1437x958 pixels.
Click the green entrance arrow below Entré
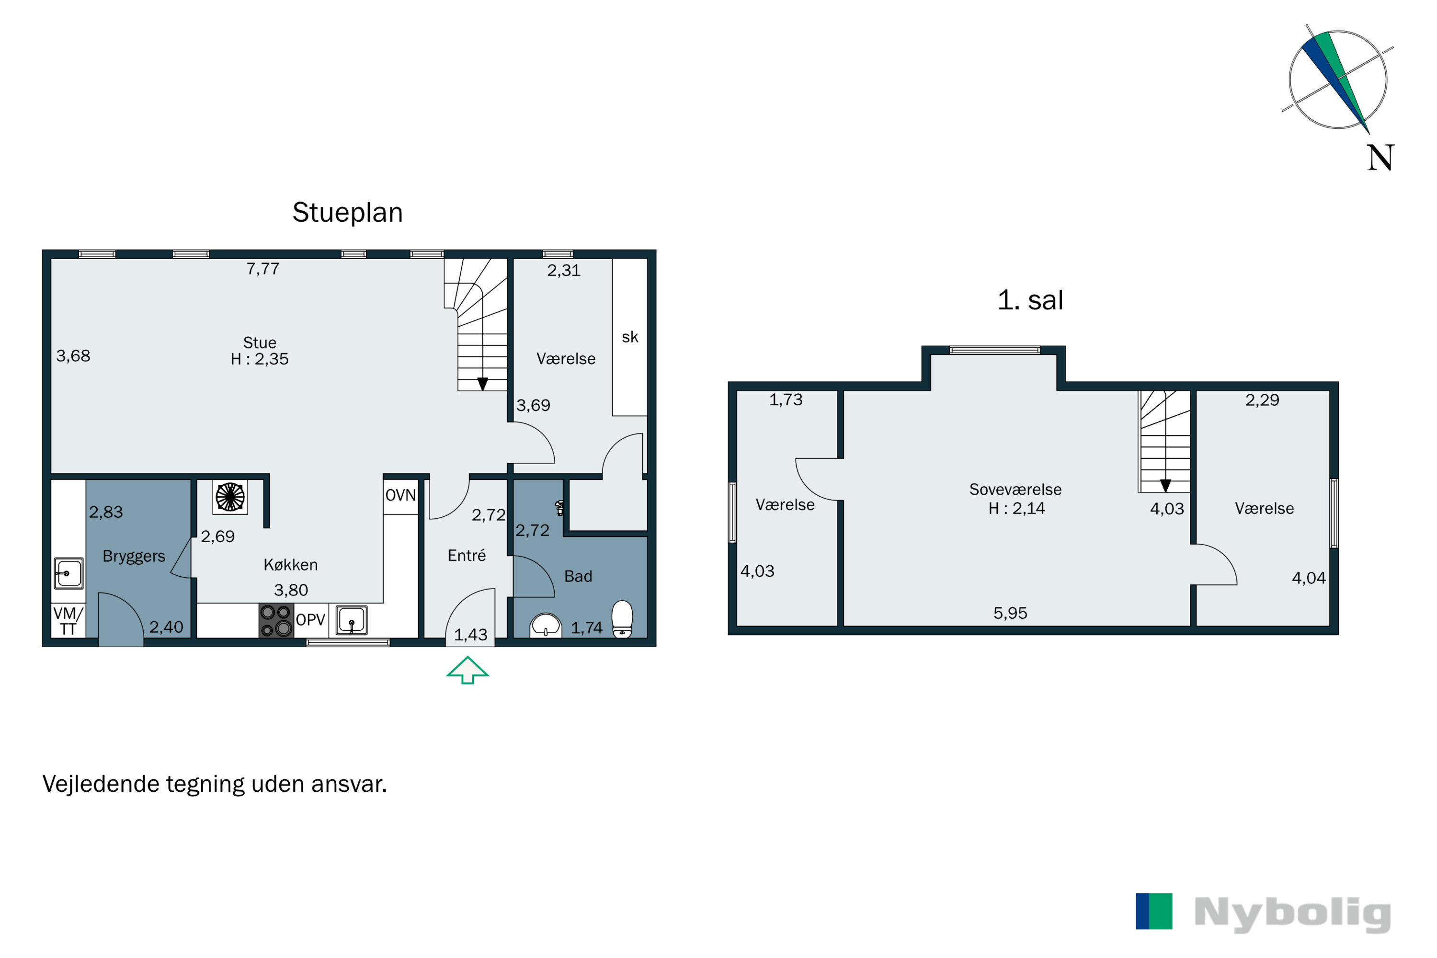click(x=468, y=670)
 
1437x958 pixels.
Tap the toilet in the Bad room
click(x=622, y=619)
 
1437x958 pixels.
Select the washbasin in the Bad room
click(x=546, y=625)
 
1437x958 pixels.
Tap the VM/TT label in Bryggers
click(x=68, y=621)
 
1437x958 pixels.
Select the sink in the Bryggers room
click(x=68, y=573)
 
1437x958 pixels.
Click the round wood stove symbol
click(x=230, y=497)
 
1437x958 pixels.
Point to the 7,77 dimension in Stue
click(x=262, y=269)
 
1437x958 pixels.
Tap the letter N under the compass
click(x=1380, y=158)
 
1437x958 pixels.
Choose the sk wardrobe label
click(x=630, y=337)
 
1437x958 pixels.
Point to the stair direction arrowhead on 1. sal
click(x=1165, y=486)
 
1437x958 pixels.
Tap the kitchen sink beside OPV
click(x=351, y=620)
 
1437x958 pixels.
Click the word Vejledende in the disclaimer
click(x=101, y=784)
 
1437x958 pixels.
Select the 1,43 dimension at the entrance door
click(x=470, y=635)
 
